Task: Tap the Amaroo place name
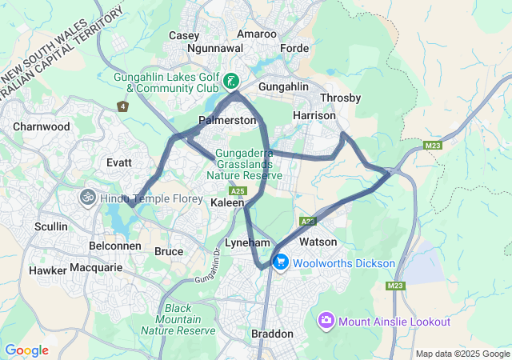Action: [x=257, y=34]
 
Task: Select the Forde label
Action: [x=294, y=48]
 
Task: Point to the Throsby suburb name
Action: [x=340, y=98]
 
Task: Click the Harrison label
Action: [x=314, y=115]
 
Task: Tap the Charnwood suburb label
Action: [x=42, y=126]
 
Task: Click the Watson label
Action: [x=318, y=242]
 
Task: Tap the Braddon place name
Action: [x=273, y=334]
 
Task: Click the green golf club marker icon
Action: [x=230, y=81]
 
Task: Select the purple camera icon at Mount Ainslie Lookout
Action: [x=326, y=321]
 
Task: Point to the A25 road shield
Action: [x=237, y=191]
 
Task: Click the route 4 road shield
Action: [x=122, y=106]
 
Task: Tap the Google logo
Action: [x=26, y=350]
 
